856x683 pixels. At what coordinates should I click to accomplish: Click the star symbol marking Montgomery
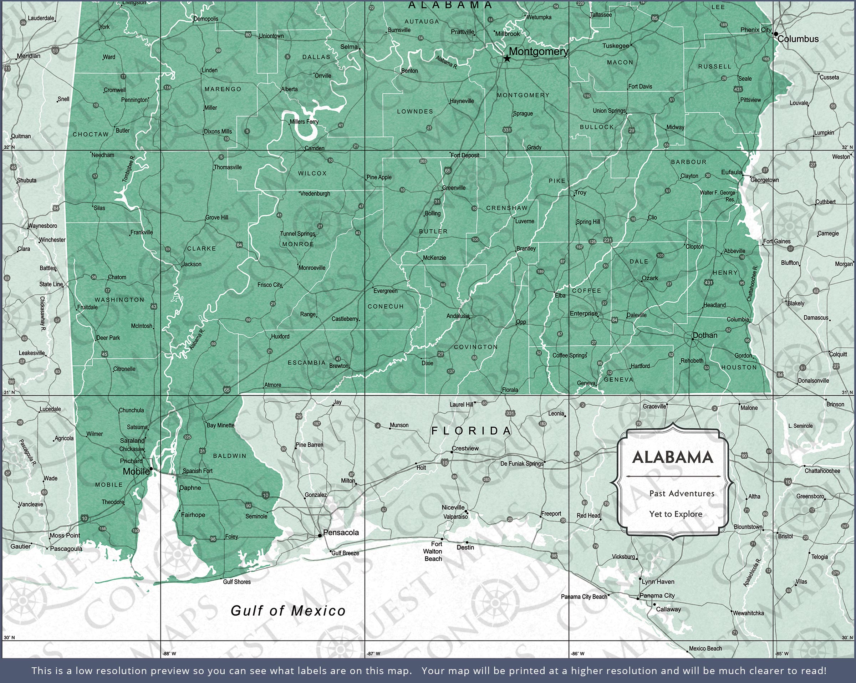[x=507, y=59]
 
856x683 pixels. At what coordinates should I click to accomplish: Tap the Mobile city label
[x=136, y=472]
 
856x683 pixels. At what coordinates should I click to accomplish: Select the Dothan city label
[x=705, y=335]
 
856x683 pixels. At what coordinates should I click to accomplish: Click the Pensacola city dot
[x=320, y=535]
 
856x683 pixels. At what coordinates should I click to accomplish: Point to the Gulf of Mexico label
[x=288, y=611]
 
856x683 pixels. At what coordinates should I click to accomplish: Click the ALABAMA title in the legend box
[x=673, y=458]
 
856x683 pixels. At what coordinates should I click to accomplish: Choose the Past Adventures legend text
[x=681, y=493]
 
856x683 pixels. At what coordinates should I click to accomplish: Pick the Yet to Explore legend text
[x=676, y=514]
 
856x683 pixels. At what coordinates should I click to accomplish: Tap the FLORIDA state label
[x=471, y=430]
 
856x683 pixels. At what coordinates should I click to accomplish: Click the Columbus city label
[x=798, y=39]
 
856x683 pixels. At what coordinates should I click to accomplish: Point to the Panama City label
[x=657, y=595]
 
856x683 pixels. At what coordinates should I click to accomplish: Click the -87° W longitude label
[x=373, y=653]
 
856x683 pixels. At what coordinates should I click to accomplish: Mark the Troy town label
[x=580, y=193]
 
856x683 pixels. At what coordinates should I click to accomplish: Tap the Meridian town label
[x=29, y=56]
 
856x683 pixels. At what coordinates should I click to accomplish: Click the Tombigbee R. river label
[x=129, y=169]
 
